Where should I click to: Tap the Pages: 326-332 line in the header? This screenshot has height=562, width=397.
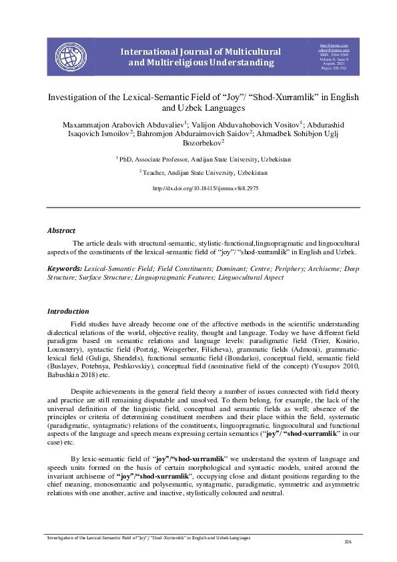[x=335, y=68]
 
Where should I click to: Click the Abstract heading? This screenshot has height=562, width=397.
[x=61, y=230]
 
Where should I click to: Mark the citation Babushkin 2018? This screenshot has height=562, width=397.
[x=71, y=375]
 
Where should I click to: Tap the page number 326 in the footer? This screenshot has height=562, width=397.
[x=347, y=541]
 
